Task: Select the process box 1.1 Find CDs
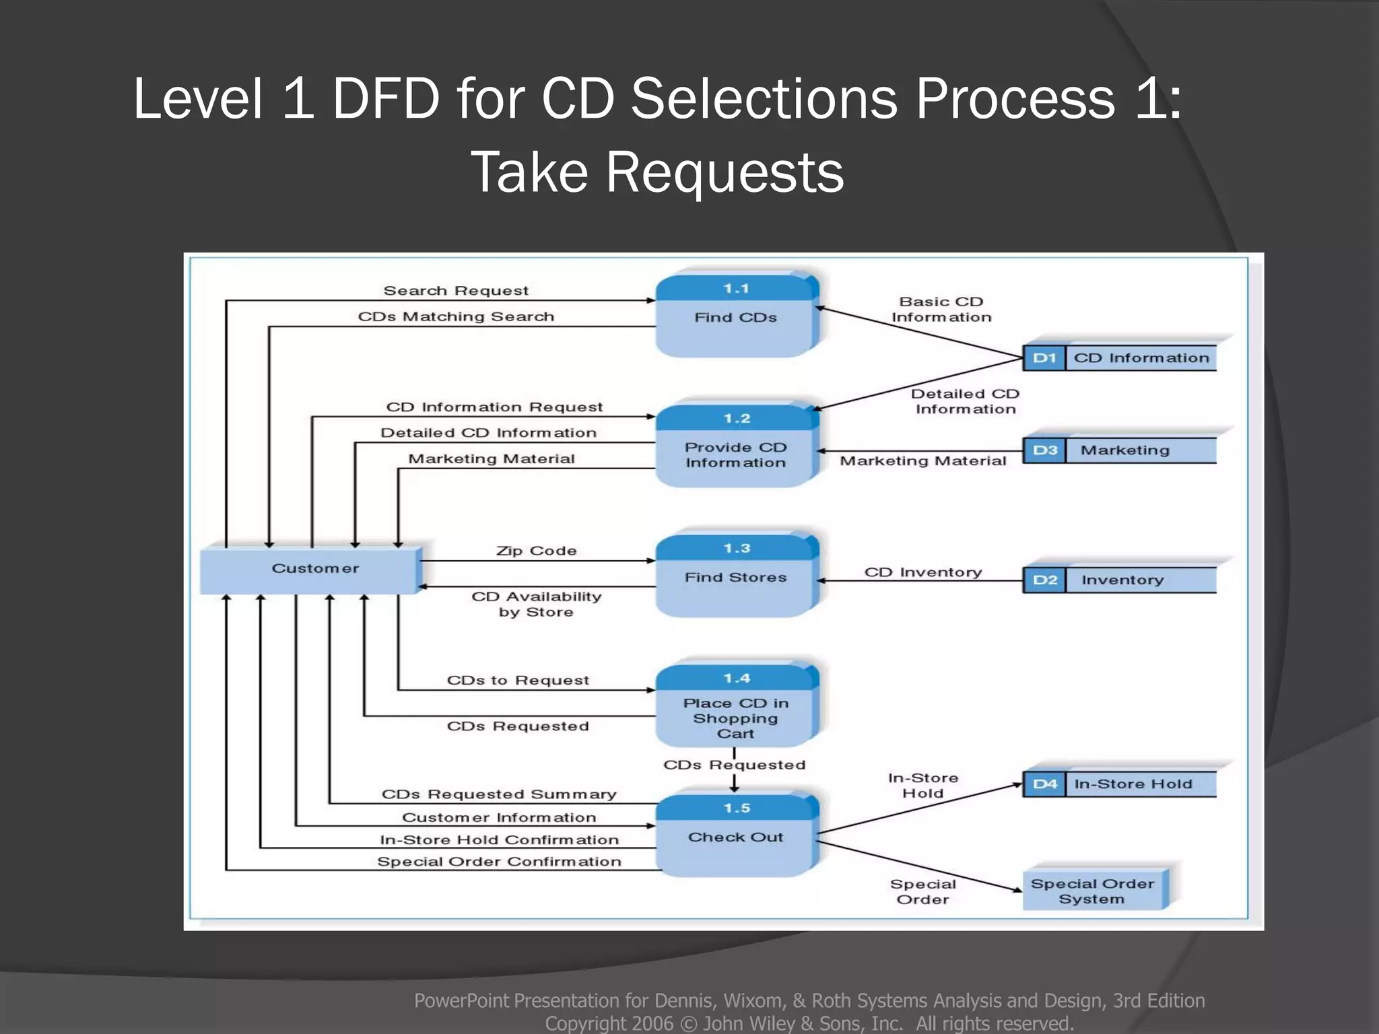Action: pyautogui.click(x=735, y=316)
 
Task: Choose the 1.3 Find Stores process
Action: pyautogui.click(x=735, y=577)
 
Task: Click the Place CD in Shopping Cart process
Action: pyautogui.click(x=735, y=717)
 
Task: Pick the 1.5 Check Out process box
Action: pyautogui.click(x=735, y=837)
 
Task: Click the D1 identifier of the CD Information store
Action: pyautogui.click(x=1044, y=358)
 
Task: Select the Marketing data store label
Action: pyautogui.click(x=1124, y=450)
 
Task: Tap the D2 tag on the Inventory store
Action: pyautogui.click(x=1044, y=580)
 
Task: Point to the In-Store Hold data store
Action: pyautogui.click(x=1133, y=784)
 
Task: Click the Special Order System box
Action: pyautogui.click(x=1092, y=891)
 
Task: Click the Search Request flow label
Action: pyautogui.click(x=456, y=291)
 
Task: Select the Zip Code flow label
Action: pyautogui.click(x=536, y=551)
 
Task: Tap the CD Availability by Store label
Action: pyautogui.click(x=536, y=604)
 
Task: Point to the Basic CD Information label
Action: pyautogui.click(x=941, y=309)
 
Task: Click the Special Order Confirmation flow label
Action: pyautogui.click(x=498, y=862)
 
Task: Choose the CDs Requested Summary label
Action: pyautogui.click(x=498, y=794)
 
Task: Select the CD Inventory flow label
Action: pyautogui.click(x=922, y=572)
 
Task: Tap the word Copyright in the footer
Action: pyautogui.click(x=608, y=1023)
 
